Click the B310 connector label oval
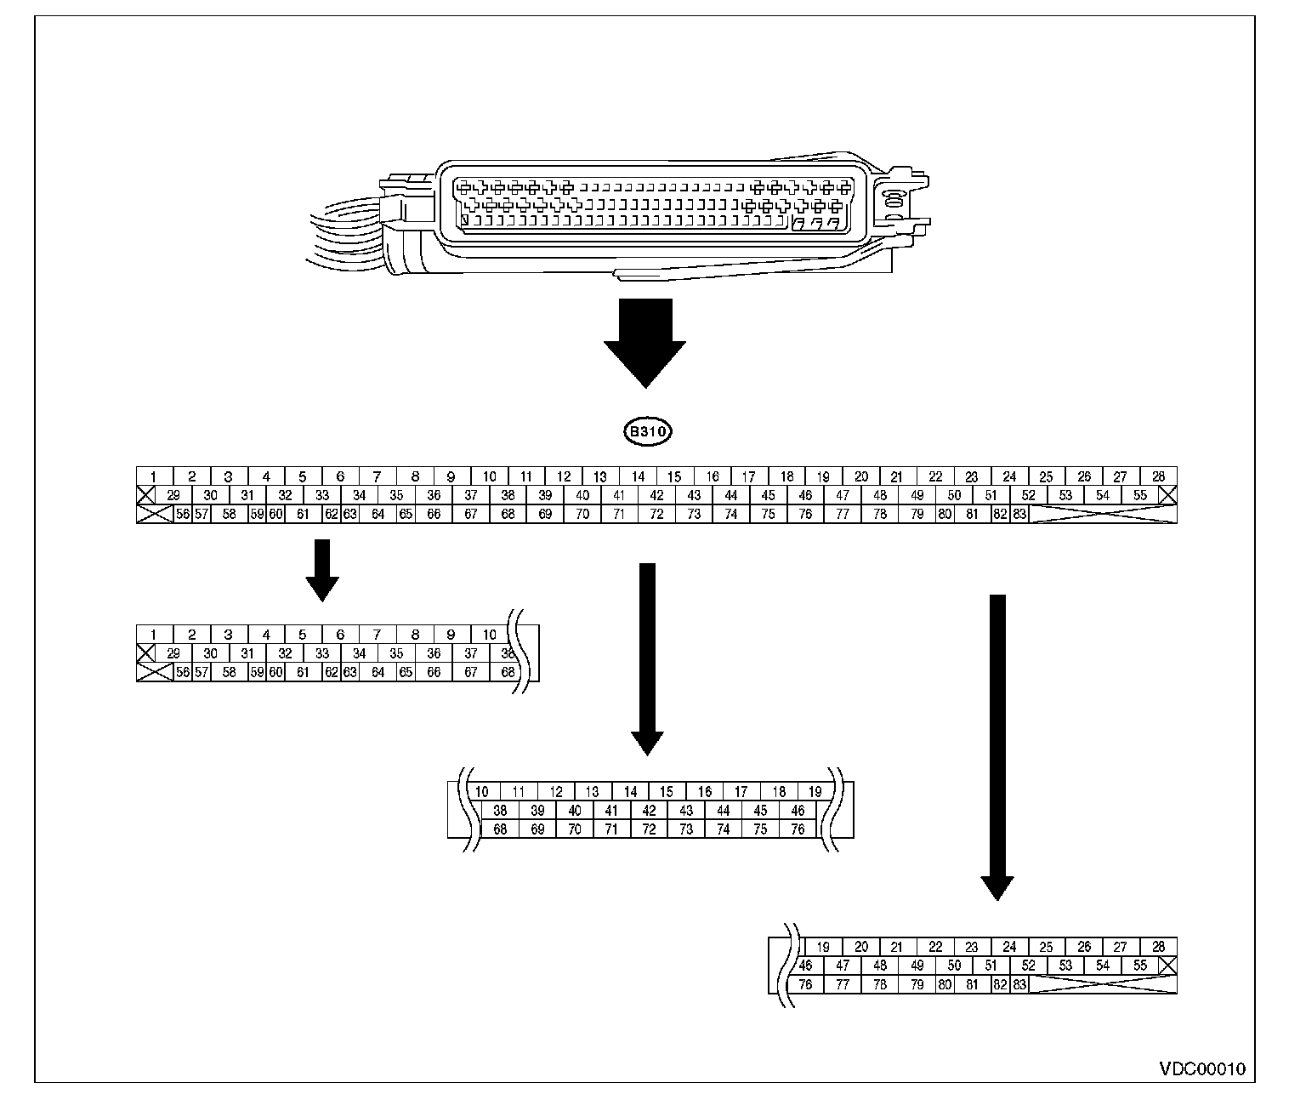coord(648,432)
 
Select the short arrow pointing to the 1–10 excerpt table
coord(321,570)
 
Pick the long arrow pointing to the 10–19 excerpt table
coord(647,658)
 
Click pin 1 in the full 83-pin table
coord(155,477)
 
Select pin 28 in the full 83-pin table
coord(1158,477)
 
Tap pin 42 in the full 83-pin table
coord(656,495)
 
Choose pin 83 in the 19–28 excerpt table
coord(1019,984)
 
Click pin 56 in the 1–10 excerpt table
coord(182,672)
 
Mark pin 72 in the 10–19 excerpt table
coord(649,829)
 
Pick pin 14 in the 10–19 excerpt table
coord(630,792)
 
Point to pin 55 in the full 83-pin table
coord(1139,495)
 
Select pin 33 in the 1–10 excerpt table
coord(322,653)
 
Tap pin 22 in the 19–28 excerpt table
coord(935,947)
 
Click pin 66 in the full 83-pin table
coord(434,514)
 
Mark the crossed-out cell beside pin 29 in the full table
coord(146,495)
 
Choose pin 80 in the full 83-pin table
coord(945,514)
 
